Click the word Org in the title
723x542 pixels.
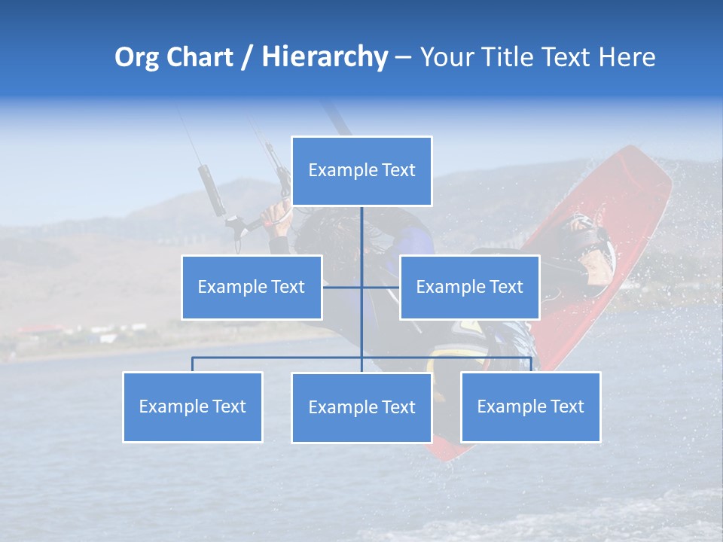(x=136, y=57)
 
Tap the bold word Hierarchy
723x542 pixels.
(x=325, y=57)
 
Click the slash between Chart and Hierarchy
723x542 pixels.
(x=247, y=58)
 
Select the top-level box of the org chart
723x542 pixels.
(x=361, y=171)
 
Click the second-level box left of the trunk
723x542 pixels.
(x=252, y=288)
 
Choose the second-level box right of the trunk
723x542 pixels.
(x=469, y=288)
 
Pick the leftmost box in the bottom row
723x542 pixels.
(x=193, y=407)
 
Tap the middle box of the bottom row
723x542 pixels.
(x=361, y=408)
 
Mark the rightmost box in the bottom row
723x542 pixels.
(x=530, y=407)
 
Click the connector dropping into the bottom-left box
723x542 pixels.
(x=193, y=364)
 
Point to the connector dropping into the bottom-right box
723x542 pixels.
(x=531, y=364)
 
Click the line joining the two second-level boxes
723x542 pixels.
(x=343, y=287)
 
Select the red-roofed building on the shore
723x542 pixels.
(x=38, y=330)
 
